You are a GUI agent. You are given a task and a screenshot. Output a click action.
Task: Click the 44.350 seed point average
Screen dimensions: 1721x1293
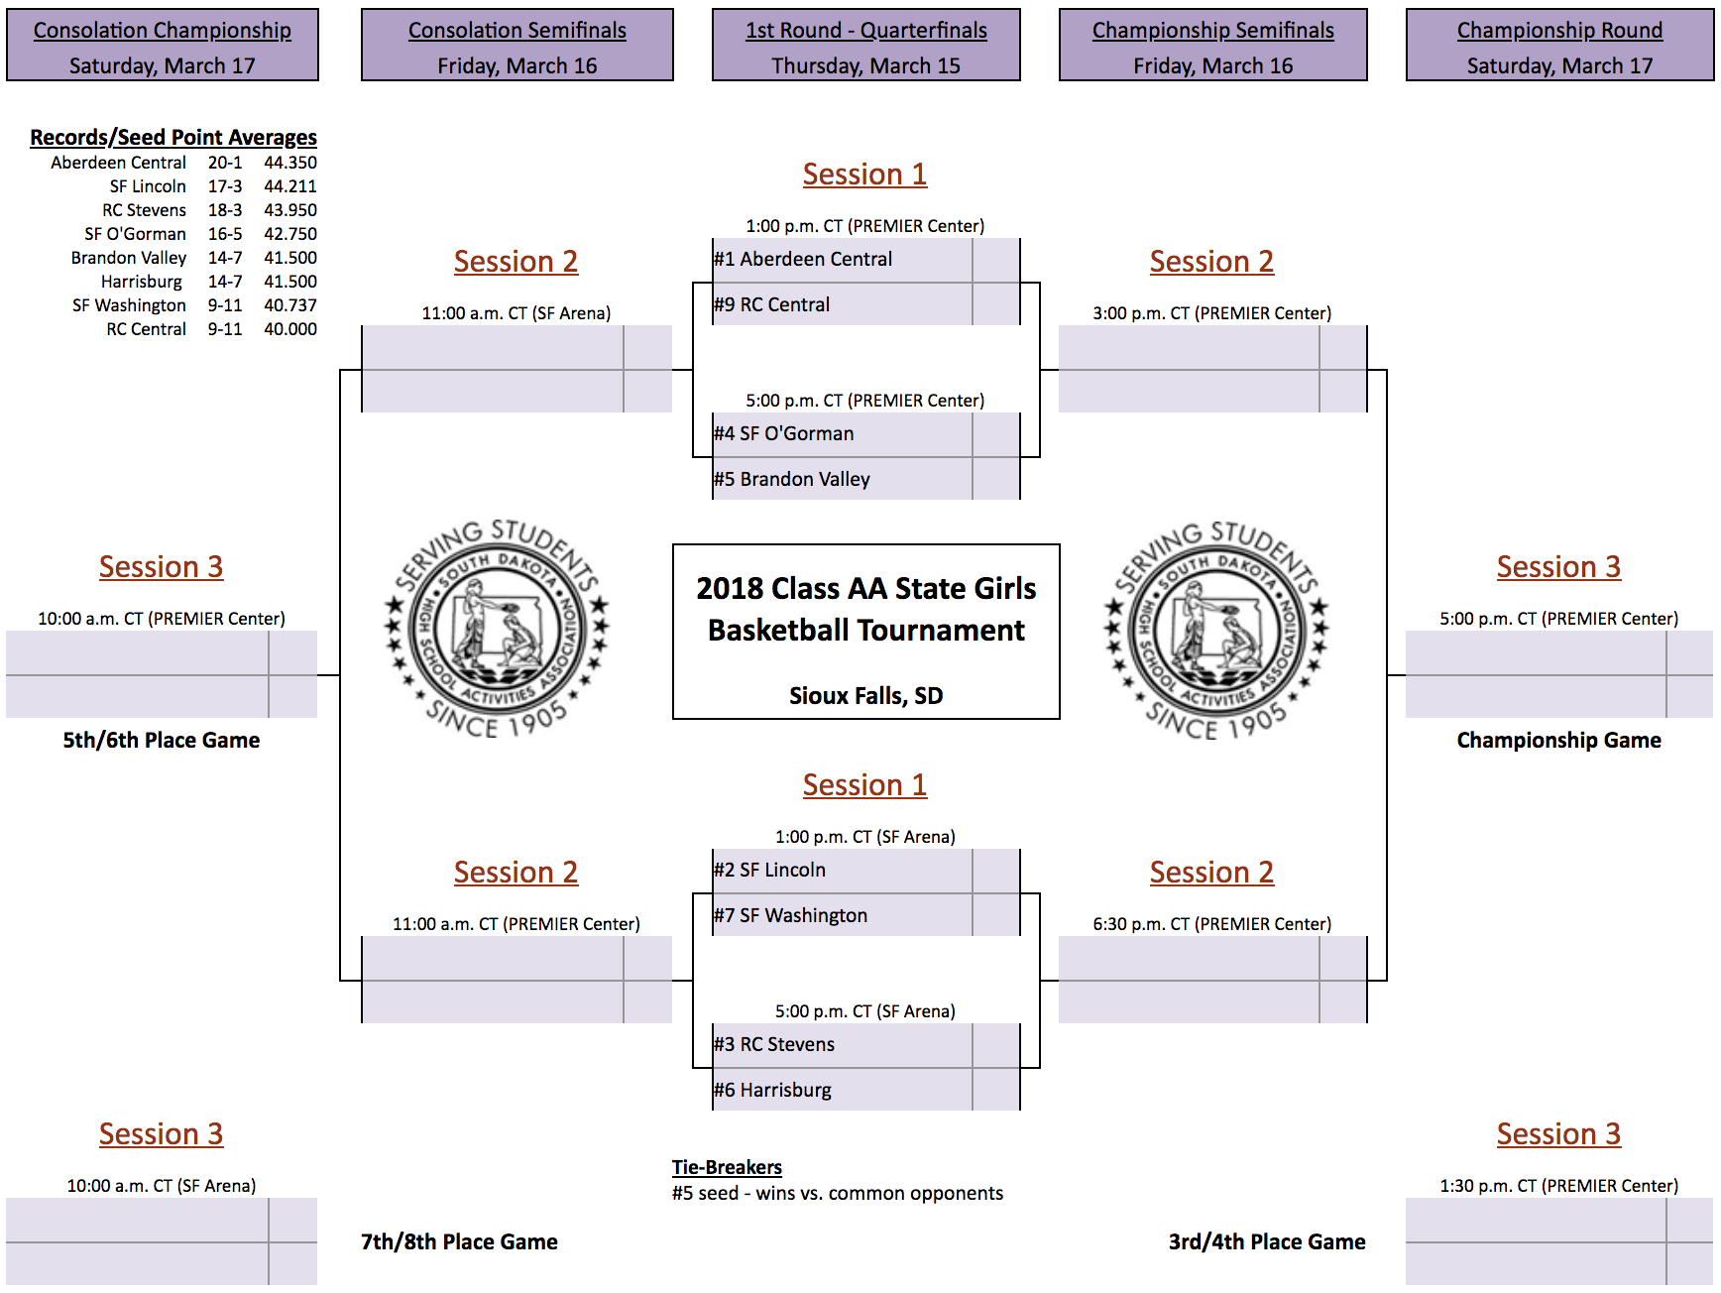290,163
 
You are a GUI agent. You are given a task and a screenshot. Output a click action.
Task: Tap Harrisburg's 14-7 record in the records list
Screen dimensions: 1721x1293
225,282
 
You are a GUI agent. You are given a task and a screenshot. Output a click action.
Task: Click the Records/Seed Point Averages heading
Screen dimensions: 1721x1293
173,137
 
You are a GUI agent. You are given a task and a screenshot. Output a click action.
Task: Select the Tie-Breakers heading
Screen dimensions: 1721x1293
727,1167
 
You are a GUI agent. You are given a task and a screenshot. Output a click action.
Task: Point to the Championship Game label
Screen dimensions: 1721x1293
1559,740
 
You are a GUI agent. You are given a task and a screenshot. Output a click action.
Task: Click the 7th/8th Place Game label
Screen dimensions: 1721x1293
459,1241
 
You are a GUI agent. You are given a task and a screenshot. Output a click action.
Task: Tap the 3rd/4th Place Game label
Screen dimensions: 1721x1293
1267,1241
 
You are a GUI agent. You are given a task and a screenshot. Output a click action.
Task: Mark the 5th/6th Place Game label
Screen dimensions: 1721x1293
162,740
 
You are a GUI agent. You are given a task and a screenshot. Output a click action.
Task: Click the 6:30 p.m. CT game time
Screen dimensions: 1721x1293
1141,924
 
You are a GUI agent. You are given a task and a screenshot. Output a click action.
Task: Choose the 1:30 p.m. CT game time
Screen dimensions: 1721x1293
1488,1186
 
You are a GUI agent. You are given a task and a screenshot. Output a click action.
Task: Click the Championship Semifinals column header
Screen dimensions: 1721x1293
1213,31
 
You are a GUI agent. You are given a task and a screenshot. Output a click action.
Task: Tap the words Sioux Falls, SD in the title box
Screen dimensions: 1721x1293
866,695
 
